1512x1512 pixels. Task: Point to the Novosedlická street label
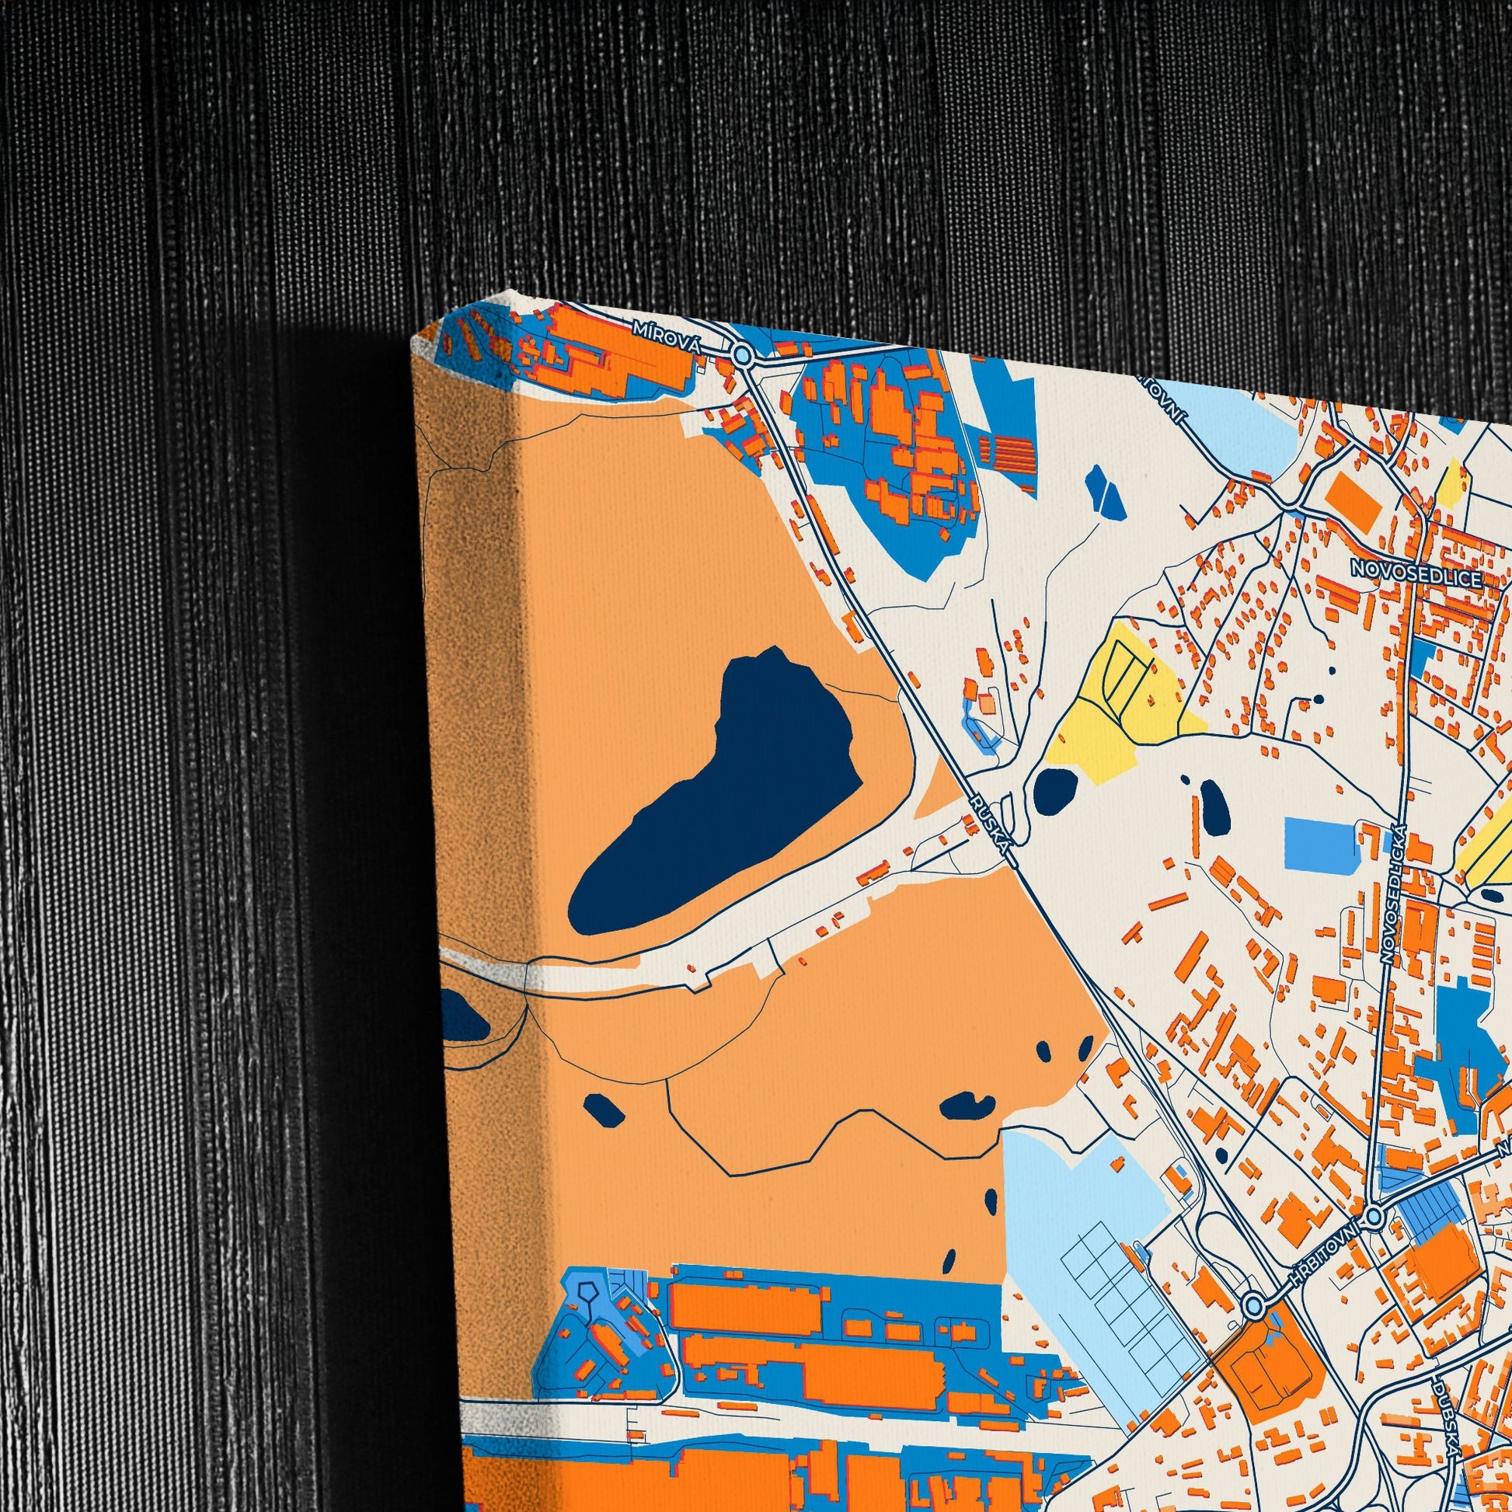tap(1394, 893)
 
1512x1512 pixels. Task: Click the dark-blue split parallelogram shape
tap(1106, 492)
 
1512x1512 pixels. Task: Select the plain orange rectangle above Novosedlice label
tap(1354, 499)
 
